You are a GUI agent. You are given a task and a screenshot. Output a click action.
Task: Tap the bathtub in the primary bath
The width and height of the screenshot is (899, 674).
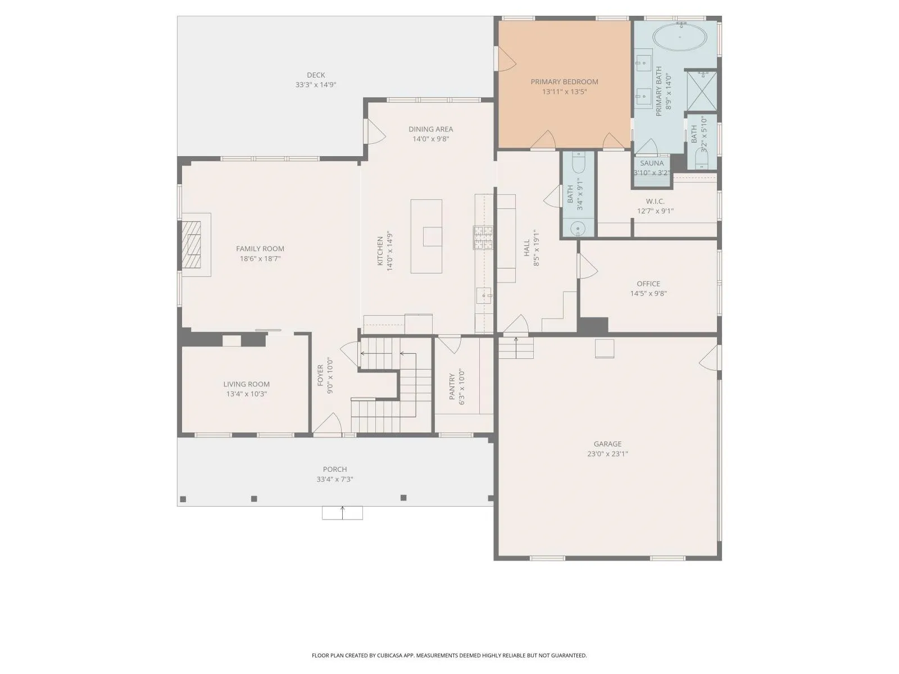click(x=679, y=38)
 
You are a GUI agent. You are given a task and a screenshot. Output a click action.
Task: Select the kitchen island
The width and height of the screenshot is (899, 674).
click(x=426, y=236)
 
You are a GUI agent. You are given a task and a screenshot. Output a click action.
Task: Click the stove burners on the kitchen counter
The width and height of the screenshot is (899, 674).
click(x=483, y=238)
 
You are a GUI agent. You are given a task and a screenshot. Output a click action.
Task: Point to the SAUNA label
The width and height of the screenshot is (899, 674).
click(x=652, y=163)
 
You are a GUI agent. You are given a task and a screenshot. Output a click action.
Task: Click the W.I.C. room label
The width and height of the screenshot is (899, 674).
click(x=655, y=201)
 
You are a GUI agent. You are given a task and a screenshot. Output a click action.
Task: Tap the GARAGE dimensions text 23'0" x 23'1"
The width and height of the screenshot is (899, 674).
click(x=607, y=453)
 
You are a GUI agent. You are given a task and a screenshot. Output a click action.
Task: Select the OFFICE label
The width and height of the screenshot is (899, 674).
click(x=648, y=284)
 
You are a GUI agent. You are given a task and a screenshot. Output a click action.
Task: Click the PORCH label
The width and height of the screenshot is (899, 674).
click(x=335, y=470)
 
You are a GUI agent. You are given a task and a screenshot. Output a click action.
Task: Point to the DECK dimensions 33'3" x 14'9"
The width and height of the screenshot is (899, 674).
click(x=316, y=85)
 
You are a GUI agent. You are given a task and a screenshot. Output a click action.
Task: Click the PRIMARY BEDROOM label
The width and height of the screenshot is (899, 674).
click(x=564, y=82)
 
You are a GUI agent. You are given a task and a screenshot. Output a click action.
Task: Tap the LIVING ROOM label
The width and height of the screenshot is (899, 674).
click(x=247, y=384)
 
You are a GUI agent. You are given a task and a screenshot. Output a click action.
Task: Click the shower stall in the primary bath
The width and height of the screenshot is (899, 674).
click(x=702, y=91)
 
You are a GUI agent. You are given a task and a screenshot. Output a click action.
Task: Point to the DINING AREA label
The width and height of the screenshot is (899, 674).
click(x=431, y=129)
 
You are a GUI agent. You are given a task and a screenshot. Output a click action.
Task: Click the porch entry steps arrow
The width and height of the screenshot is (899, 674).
click(x=342, y=513)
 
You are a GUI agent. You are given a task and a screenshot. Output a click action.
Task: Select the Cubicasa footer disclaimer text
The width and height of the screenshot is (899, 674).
click(x=449, y=655)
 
